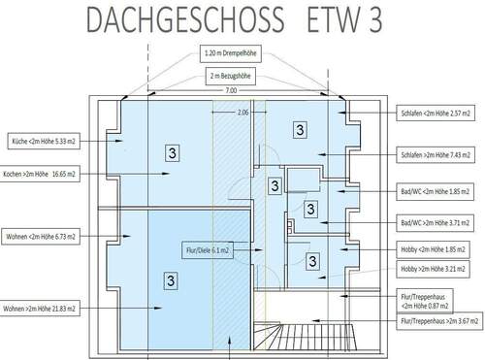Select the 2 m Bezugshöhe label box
pyautogui.click(x=233, y=74)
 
